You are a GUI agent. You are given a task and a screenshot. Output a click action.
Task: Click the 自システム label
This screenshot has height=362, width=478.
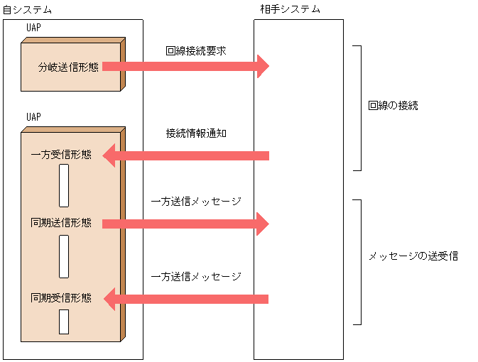[27, 9]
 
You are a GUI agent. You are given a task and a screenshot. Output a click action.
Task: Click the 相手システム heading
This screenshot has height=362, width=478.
[290, 9]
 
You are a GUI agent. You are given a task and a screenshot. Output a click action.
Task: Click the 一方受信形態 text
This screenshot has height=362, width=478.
[62, 155]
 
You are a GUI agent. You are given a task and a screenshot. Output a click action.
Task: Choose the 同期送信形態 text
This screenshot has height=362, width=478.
[62, 223]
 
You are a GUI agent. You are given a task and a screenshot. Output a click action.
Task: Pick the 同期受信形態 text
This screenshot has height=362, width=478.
[62, 297]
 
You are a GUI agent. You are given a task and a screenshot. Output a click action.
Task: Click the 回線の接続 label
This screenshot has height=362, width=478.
[393, 106]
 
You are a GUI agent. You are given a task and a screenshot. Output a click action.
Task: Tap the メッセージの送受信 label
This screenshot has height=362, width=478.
[413, 256]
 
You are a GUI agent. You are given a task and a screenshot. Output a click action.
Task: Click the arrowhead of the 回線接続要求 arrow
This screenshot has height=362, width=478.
[263, 66]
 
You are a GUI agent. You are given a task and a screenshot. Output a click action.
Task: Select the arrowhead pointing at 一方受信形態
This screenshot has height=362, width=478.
[109, 155]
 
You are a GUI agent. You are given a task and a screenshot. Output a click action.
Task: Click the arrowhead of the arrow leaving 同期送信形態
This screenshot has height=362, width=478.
[263, 224]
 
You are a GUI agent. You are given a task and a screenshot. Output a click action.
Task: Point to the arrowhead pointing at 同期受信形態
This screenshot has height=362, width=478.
[109, 298]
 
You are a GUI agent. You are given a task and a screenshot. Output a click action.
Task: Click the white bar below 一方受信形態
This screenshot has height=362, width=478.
[64, 186]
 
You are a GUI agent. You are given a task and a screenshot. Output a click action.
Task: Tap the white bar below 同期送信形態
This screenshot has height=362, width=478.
[64, 256]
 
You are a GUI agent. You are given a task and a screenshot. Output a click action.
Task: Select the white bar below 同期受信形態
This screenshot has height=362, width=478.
[64, 322]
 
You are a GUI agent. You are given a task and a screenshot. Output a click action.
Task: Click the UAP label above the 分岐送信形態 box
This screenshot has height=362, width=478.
[33, 29]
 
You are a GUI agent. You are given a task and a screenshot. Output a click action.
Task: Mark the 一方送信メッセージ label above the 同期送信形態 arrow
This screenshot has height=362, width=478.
[196, 202]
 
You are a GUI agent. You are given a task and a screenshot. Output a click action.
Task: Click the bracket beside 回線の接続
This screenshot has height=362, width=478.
[359, 108]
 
